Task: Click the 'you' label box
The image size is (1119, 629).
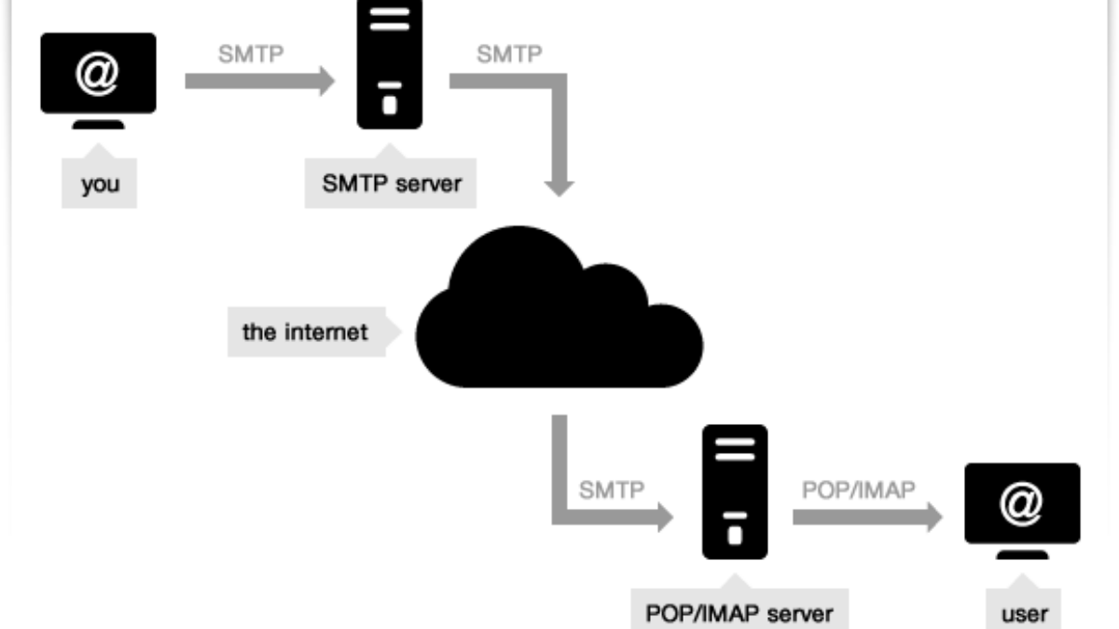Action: tap(99, 184)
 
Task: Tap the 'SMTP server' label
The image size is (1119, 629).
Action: tap(392, 184)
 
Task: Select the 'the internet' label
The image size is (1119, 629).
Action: tap(305, 332)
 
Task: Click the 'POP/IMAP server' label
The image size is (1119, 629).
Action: tap(739, 612)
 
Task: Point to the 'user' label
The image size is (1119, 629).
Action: tap(1024, 612)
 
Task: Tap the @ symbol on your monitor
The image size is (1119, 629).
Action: tap(98, 75)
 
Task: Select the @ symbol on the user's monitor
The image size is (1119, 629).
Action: tap(1022, 504)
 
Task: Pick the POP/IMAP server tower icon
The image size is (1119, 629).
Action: tap(735, 491)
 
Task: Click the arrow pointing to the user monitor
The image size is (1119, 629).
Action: tap(867, 516)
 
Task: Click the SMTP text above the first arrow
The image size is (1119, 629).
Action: tap(250, 53)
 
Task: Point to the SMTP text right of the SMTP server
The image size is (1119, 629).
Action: tap(509, 53)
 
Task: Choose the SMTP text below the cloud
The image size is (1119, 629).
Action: tap(611, 488)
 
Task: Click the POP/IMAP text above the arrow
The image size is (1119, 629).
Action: tap(858, 488)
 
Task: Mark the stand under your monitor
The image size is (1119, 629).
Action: tap(98, 124)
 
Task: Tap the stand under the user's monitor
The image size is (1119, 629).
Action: tap(1022, 554)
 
